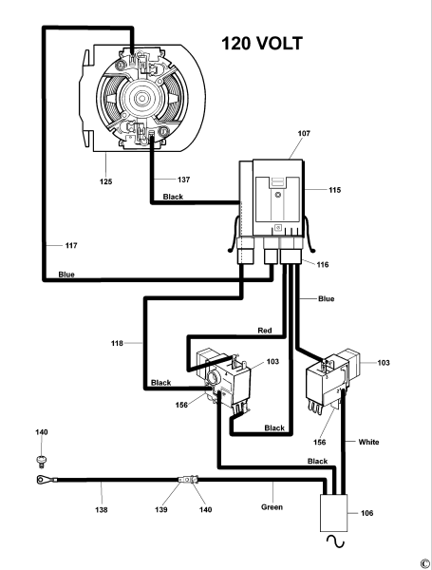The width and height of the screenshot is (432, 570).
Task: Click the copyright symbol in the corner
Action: (x=423, y=560)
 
